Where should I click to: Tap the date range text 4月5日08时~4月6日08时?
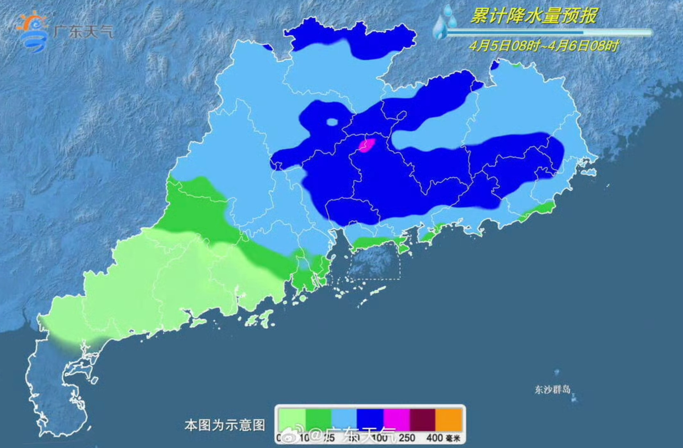[544, 45]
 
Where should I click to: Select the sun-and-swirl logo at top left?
[32, 31]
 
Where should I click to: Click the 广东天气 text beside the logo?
[83, 32]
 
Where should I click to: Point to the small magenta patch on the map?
[367, 145]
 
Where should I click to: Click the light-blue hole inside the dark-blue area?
[332, 122]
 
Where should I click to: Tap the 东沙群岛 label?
[552, 389]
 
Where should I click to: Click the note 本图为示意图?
[225, 425]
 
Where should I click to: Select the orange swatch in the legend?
[449, 419]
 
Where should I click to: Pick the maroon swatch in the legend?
[423, 419]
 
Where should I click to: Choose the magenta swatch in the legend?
[396, 419]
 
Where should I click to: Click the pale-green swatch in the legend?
[292, 419]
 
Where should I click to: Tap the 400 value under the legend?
[434, 438]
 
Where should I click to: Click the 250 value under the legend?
[407, 438]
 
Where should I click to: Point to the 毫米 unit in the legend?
[453, 439]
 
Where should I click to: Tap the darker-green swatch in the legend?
[318, 419]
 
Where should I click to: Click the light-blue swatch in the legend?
[344, 419]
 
